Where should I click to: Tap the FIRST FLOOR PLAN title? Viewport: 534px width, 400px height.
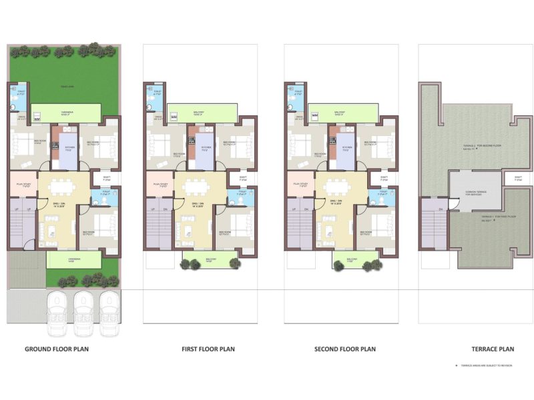tap(208, 349)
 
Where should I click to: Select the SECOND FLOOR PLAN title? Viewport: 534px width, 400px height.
tap(345, 349)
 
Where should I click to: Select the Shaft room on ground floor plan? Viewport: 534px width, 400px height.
tap(106, 179)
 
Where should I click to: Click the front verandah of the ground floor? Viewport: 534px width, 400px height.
tap(73, 259)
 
